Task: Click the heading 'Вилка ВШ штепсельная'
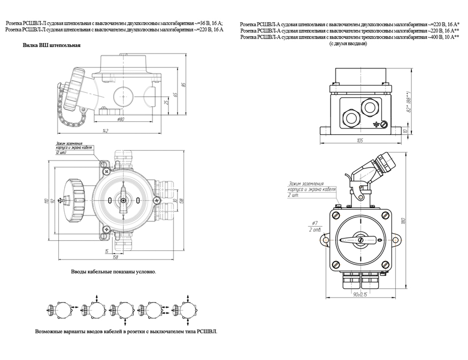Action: point(51,46)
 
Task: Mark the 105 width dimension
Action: point(359,140)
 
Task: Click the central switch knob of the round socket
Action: point(123,201)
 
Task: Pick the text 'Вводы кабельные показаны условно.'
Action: point(113,272)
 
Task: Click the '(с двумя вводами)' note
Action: point(348,43)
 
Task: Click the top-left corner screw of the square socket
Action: point(336,216)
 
